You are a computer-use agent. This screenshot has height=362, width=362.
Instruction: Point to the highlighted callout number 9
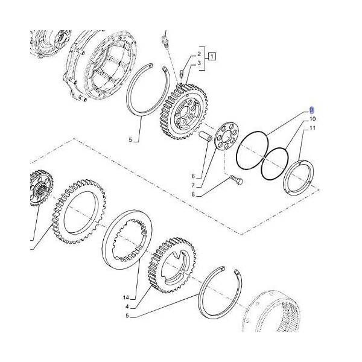click(x=312, y=110)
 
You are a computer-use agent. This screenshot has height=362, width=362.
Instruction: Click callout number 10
click(x=313, y=119)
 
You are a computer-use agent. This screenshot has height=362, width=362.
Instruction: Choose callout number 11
click(x=313, y=129)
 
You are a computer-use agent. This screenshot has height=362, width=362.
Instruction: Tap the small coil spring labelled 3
click(x=181, y=74)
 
